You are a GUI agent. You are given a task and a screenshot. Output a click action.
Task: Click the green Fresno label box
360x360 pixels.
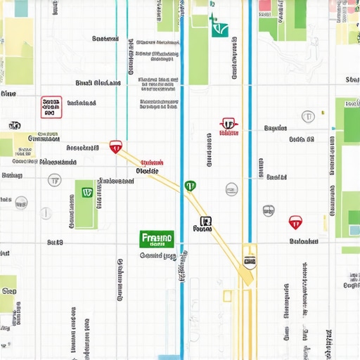156,240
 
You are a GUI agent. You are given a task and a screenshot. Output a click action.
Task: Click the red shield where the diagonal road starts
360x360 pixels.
115,147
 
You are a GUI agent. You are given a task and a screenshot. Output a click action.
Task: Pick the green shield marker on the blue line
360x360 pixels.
190,186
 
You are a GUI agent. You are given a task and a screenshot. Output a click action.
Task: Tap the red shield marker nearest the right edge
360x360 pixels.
295,224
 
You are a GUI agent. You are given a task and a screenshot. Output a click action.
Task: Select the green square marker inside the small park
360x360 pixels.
86,191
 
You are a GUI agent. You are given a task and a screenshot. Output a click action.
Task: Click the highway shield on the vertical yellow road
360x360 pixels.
249,262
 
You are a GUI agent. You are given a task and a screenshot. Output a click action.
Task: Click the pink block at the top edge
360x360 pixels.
265,6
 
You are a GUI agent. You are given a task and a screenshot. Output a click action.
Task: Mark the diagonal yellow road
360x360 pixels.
162,176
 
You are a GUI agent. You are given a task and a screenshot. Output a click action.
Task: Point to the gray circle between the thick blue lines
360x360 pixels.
231,188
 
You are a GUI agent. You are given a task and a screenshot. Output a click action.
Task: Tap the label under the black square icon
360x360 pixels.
203,229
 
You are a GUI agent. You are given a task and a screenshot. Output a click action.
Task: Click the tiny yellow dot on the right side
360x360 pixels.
323,112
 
